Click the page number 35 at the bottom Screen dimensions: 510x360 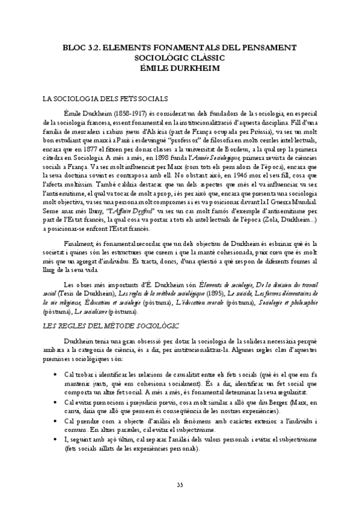point(180,486)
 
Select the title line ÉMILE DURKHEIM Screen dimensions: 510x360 point(180,67)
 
